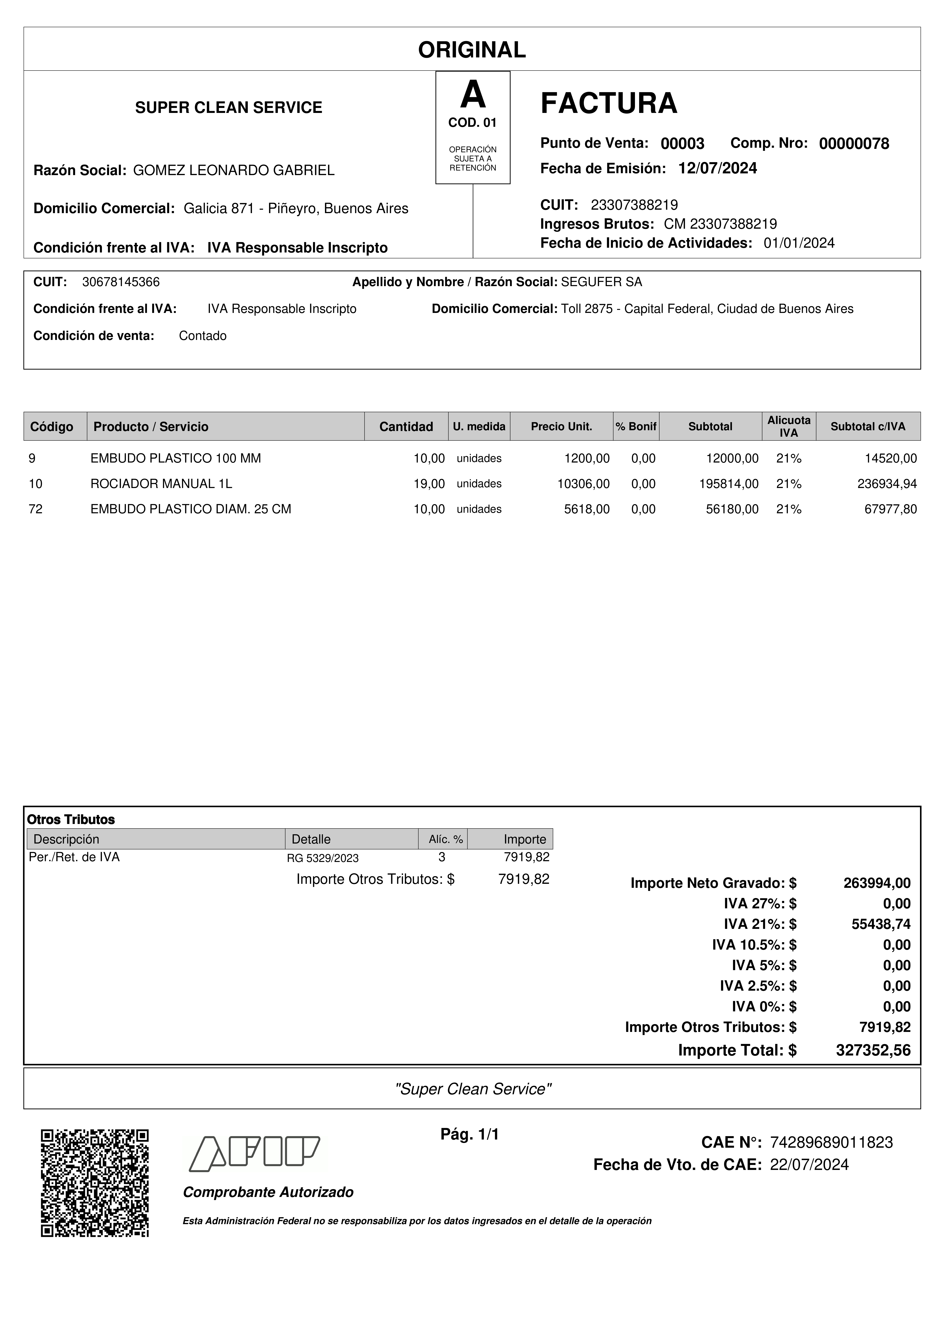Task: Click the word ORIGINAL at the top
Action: click(472, 50)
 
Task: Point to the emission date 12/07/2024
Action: click(717, 168)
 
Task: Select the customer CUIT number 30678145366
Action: click(121, 282)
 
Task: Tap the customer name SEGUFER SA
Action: click(601, 282)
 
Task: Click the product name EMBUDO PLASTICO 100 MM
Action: click(176, 458)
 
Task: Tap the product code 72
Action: click(35, 509)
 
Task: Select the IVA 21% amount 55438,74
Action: click(881, 924)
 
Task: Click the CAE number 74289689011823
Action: click(831, 1142)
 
